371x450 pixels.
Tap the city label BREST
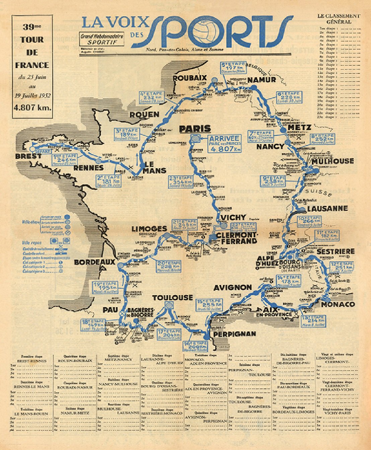tap(28, 156)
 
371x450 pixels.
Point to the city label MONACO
tap(338, 304)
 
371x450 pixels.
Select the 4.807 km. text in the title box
tap(32, 108)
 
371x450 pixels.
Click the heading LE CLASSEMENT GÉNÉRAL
tap(339, 19)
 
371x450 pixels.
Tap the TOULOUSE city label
tap(172, 298)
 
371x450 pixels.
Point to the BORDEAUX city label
tap(94, 262)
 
